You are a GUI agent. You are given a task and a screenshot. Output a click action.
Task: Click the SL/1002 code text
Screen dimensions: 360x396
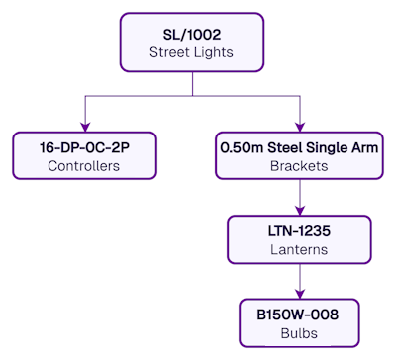192,34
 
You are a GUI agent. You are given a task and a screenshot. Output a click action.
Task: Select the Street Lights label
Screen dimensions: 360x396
192,52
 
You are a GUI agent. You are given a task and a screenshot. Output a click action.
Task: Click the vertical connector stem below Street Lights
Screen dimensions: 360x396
192,83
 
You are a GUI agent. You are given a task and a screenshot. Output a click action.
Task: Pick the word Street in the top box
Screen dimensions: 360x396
170,52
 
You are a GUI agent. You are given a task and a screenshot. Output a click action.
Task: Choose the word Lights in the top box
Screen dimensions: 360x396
215,52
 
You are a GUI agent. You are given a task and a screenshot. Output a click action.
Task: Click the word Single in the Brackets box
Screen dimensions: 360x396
328,147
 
